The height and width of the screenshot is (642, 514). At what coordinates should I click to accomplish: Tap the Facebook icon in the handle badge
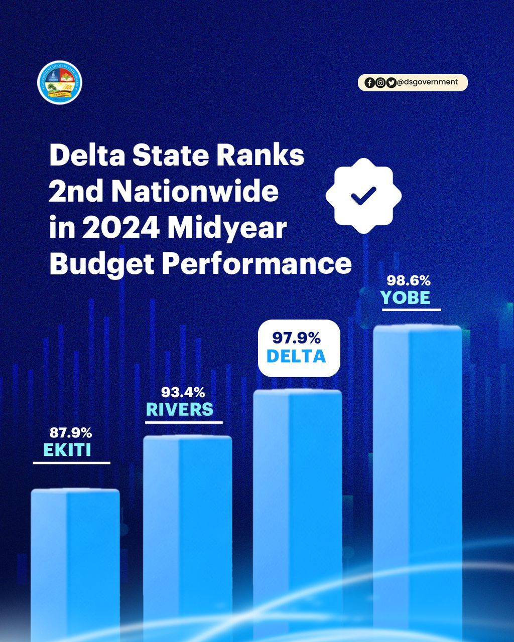369,83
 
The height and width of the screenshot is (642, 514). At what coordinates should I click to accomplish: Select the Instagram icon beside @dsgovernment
380,83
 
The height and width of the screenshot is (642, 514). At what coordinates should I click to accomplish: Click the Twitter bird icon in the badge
391,83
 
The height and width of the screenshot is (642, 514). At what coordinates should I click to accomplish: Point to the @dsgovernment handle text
427,82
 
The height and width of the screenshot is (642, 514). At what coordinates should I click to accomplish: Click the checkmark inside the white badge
363,196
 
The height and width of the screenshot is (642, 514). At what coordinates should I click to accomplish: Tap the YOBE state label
406,298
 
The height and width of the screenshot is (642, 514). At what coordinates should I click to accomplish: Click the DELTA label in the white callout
296,356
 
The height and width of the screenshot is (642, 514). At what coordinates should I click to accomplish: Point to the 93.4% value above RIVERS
183,392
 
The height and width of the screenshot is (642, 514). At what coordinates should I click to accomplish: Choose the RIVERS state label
180,410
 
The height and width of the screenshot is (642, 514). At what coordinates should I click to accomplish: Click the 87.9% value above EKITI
71,432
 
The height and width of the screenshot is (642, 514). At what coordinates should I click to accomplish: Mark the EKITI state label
67,450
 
